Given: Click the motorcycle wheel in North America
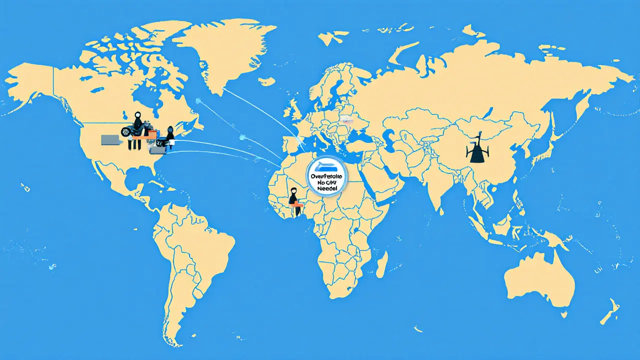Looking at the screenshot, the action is [126, 132].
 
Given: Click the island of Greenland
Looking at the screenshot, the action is [225, 50].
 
